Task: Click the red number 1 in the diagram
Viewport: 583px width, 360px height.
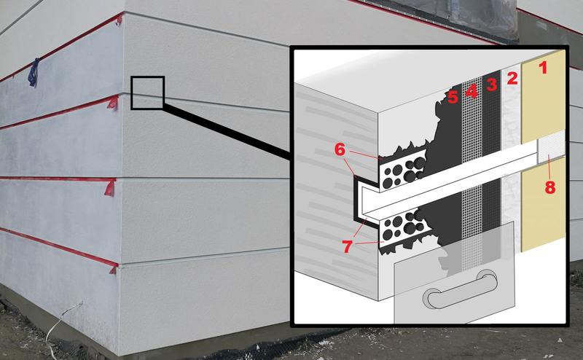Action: point(543,68)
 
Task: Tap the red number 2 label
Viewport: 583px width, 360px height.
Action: point(512,78)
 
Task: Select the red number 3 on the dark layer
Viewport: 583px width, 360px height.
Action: point(491,85)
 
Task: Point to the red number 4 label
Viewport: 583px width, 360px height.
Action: point(472,90)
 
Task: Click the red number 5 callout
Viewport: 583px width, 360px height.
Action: point(453,97)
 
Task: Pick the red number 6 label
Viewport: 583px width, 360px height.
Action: point(340,149)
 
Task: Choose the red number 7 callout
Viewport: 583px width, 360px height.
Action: point(347,246)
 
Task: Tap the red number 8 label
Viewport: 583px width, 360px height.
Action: point(550,187)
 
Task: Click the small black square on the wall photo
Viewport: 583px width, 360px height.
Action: point(147,93)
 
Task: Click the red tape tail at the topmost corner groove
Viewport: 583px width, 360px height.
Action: point(119,20)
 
